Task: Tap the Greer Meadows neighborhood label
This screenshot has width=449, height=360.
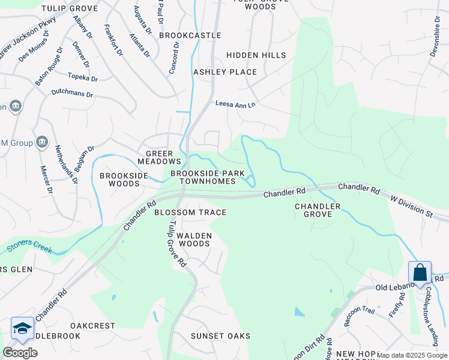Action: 159,158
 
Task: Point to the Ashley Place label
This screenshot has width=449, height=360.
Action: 224,72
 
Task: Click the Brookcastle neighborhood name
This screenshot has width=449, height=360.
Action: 190,36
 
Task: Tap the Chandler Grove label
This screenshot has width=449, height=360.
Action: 318,210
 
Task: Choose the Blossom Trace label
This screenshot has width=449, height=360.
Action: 190,212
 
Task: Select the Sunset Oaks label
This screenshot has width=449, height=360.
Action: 220,335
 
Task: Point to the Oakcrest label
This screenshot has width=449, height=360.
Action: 92,326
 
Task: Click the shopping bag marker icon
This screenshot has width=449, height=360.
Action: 420,272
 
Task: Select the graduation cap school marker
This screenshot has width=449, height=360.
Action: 22,328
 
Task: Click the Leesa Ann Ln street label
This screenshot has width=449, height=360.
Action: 235,104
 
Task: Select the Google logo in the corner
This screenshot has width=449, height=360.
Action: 20,352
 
